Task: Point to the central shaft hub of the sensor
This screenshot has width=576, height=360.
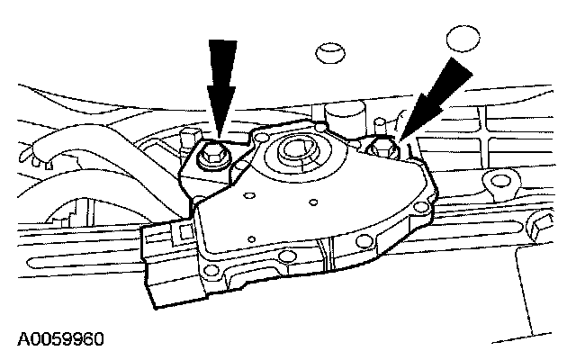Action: [x=297, y=149]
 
